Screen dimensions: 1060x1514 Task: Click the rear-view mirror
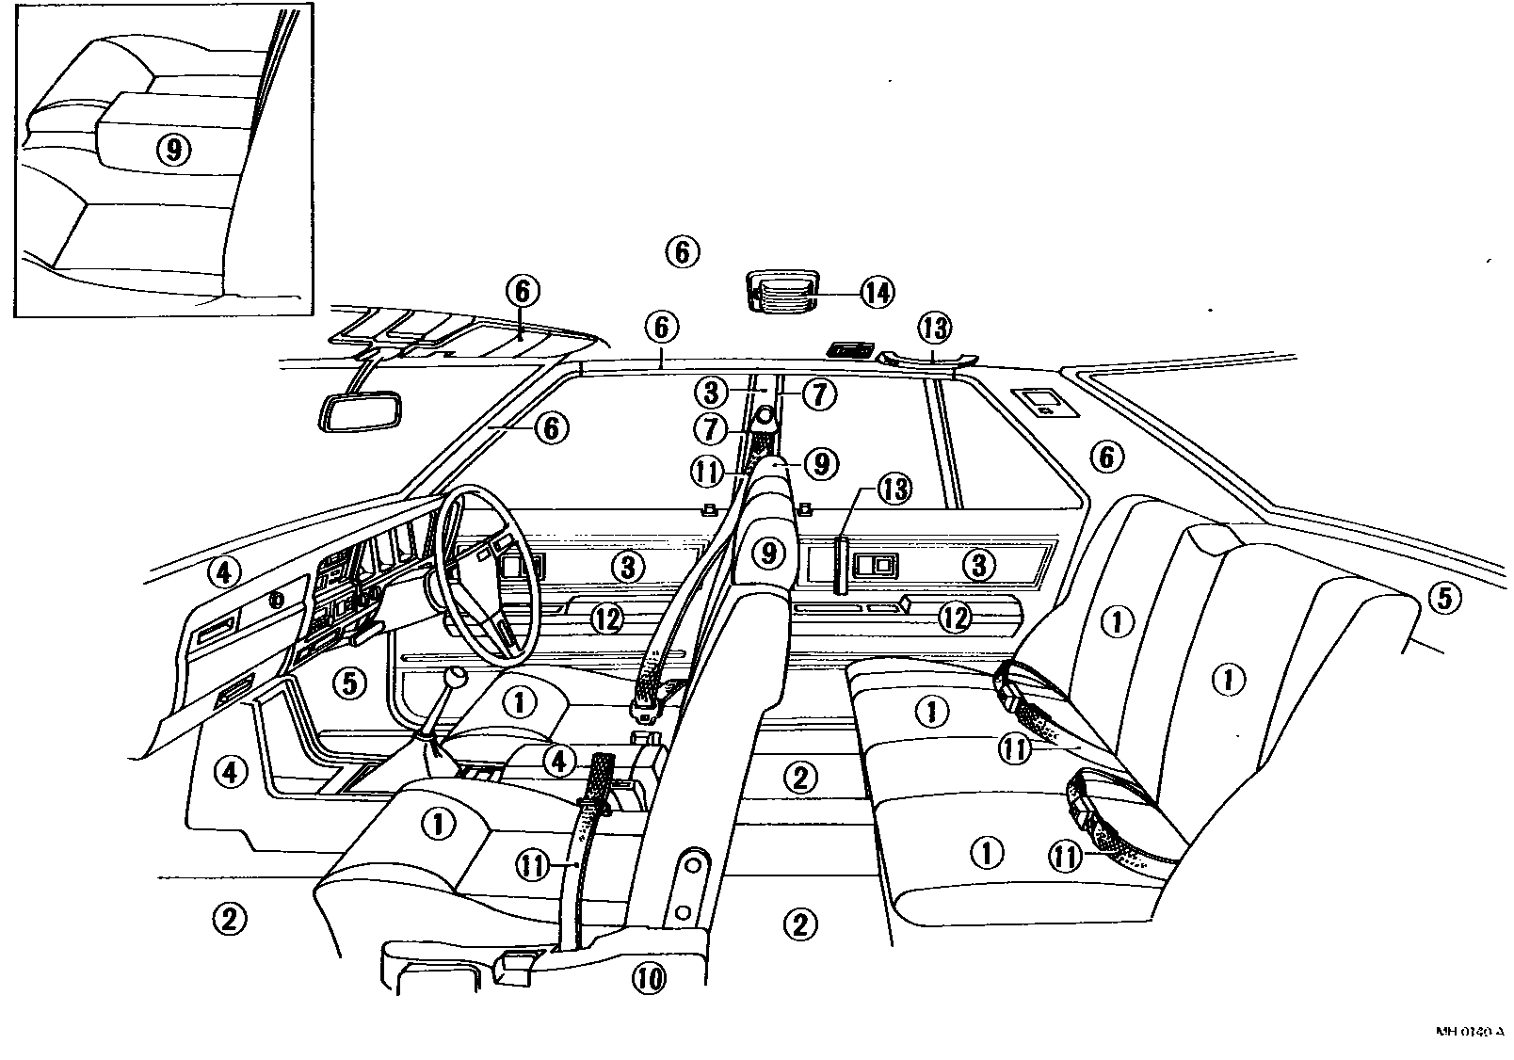click(362, 412)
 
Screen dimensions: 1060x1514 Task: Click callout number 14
click(876, 293)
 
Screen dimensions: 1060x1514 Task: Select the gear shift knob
click(457, 679)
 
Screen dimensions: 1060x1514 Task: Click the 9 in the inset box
click(173, 149)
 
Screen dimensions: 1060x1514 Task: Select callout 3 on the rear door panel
click(979, 565)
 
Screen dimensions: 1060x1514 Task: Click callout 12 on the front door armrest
click(608, 618)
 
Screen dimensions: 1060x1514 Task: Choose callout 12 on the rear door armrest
click(955, 618)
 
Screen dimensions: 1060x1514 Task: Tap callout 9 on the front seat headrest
click(769, 553)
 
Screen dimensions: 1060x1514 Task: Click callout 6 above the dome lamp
click(682, 251)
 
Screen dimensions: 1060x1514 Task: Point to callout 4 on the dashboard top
click(226, 570)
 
